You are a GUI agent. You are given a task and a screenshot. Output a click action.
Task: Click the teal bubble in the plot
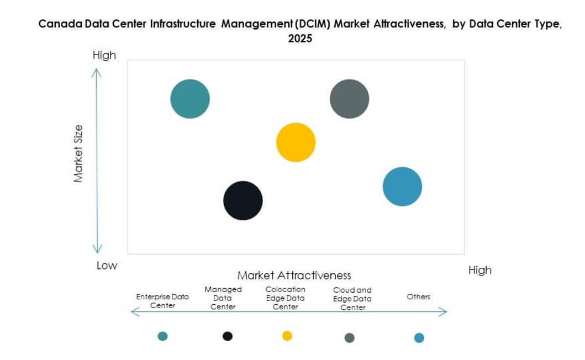(x=190, y=99)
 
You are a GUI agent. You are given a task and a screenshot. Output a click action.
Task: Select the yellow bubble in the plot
(x=296, y=142)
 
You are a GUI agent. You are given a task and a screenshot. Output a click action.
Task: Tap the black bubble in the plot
(x=243, y=200)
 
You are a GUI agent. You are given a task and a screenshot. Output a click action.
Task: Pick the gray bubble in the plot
(x=349, y=99)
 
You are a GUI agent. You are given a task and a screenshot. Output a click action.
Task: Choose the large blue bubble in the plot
(x=402, y=187)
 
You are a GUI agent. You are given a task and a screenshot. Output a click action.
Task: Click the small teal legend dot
(x=162, y=336)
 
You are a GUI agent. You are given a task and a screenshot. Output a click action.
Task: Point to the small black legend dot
(x=228, y=336)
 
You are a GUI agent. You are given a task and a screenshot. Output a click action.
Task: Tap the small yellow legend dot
(x=287, y=336)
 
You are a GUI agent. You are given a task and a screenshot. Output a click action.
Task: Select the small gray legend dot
(x=350, y=338)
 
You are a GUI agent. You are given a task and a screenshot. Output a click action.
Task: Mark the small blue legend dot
(x=419, y=338)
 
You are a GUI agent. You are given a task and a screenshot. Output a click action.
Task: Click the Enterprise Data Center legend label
(x=162, y=301)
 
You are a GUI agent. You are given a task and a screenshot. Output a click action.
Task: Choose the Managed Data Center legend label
(x=223, y=298)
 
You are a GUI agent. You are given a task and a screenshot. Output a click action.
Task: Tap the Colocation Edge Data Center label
(x=285, y=298)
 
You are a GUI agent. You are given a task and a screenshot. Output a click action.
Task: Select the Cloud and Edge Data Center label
(x=352, y=299)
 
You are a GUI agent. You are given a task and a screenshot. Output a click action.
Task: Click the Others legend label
(x=418, y=297)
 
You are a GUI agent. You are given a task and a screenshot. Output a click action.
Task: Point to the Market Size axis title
(x=78, y=154)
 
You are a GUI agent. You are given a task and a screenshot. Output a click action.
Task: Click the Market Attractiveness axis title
(x=294, y=275)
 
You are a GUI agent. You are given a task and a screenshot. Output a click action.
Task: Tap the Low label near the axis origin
(x=107, y=266)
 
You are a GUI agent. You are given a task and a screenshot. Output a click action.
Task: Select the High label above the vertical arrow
(x=104, y=55)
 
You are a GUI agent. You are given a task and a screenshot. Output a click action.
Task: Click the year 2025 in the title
(x=300, y=39)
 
